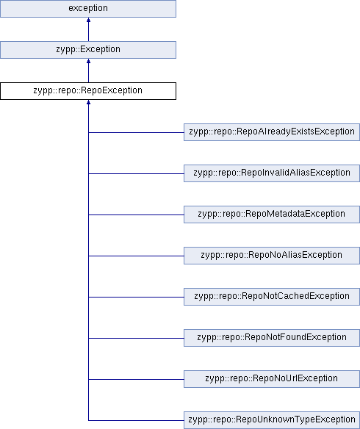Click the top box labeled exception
coord(88,9)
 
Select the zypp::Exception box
coord(88,50)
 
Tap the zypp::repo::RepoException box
coord(88,91)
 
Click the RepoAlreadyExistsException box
coord(272,132)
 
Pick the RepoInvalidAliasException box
coord(272,173)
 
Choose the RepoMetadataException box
coord(272,214)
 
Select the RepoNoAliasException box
coord(272,256)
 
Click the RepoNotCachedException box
coord(272,297)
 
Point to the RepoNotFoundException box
coord(272,338)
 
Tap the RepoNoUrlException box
coord(272,379)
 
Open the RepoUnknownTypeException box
coord(272,420)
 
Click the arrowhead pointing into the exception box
coord(88,20)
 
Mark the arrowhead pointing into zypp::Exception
coord(88,61)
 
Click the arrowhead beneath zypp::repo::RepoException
coord(88,102)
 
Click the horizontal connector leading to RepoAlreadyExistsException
coord(136,132)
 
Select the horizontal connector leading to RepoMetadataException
coord(136,214)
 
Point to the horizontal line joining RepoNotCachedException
coord(136,297)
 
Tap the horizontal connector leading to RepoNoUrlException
coord(136,379)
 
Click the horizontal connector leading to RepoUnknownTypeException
coord(136,420)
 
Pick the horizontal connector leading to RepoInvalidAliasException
coord(136,173)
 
